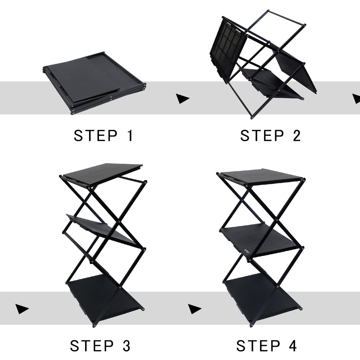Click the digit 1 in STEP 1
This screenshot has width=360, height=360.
coord(130,136)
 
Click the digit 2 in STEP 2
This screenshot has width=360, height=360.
coord(297,136)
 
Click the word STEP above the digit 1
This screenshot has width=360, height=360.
coord(95,136)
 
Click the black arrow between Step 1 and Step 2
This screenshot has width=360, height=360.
coord(182,99)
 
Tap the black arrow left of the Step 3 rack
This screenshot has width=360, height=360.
coord(22,309)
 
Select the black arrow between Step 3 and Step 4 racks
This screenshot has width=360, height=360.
coord(194,309)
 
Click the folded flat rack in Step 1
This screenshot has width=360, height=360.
coord(94,83)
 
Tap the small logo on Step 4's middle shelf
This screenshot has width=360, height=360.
coord(247,250)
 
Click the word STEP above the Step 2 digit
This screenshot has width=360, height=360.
coord(262,136)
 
